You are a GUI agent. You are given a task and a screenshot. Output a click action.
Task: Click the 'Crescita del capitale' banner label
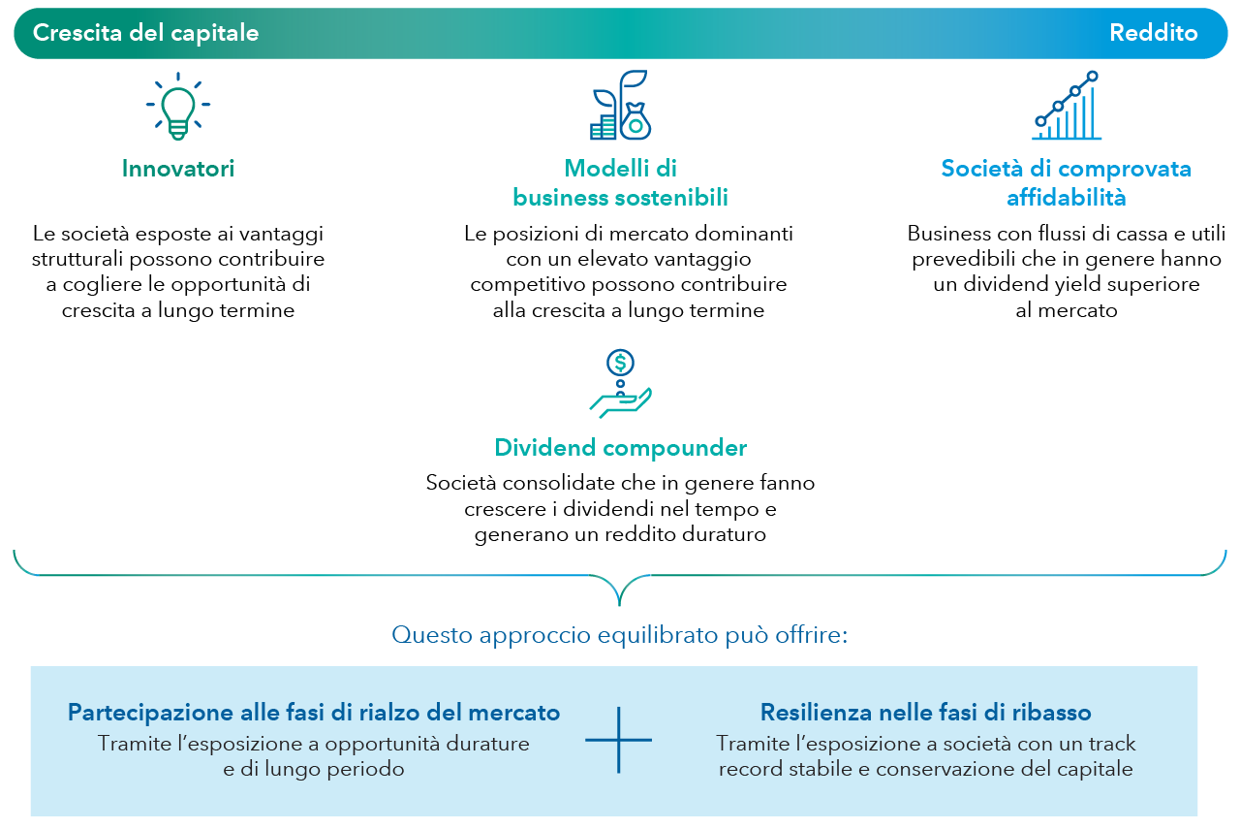click(145, 33)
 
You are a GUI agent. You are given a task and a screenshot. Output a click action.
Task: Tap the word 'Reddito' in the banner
click(1154, 33)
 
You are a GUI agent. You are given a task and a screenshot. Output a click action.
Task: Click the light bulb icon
click(177, 106)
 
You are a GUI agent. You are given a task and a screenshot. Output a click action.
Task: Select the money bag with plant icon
click(621, 105)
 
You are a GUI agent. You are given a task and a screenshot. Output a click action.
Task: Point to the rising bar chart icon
click(1067, 106)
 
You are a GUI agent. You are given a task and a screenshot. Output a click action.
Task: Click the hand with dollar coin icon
click(621, 383)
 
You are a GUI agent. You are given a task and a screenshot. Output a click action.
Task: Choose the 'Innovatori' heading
click(177, 169)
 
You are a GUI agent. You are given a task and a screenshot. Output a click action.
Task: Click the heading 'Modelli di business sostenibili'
click(621, 183)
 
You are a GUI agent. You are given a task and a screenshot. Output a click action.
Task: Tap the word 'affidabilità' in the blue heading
click(1067, 198)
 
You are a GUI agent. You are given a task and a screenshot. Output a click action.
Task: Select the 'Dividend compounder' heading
click(621, 448)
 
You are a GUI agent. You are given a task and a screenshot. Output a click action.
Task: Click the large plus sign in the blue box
click(618, 740)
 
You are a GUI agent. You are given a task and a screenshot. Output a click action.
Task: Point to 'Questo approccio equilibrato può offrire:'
click(619, 635)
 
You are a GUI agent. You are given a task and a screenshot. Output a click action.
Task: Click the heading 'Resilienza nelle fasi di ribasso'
click(925, 713)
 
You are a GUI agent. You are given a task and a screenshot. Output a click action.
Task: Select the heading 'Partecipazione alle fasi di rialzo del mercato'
click(314, 713)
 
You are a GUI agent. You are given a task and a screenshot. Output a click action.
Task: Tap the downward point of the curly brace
click(619, 605)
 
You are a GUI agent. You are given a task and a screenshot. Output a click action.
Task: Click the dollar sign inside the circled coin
click(621, 363)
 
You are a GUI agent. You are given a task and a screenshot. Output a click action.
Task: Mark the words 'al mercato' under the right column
click(1067, 310)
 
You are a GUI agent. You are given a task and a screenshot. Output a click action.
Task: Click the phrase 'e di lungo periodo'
click(314, 769)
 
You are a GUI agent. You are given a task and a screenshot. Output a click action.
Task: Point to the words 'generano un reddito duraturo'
click(621, 535)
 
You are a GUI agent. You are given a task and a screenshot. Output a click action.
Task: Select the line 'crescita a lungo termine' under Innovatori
click(177, 310)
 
